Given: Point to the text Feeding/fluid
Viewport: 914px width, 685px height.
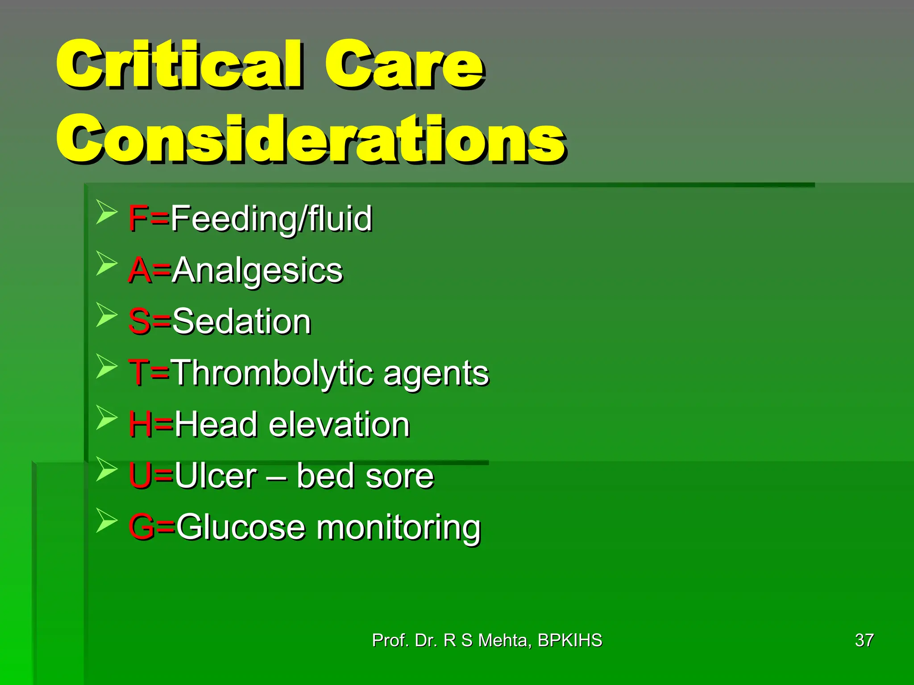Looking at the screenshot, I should (271, 219).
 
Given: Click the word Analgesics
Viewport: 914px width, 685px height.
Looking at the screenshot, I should (258, 270).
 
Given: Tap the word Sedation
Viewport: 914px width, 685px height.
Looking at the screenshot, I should (241, 322).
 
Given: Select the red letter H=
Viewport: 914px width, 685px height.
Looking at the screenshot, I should (150, 424).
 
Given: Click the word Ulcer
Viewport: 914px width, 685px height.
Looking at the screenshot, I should (216, 476).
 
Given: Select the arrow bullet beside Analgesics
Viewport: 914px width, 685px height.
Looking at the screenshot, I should (106, 263).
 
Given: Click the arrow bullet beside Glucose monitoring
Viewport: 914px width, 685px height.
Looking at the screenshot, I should (106, 520).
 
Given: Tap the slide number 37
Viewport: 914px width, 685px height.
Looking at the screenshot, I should (864, 640).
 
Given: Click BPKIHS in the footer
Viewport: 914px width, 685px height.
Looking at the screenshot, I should (569, 640).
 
